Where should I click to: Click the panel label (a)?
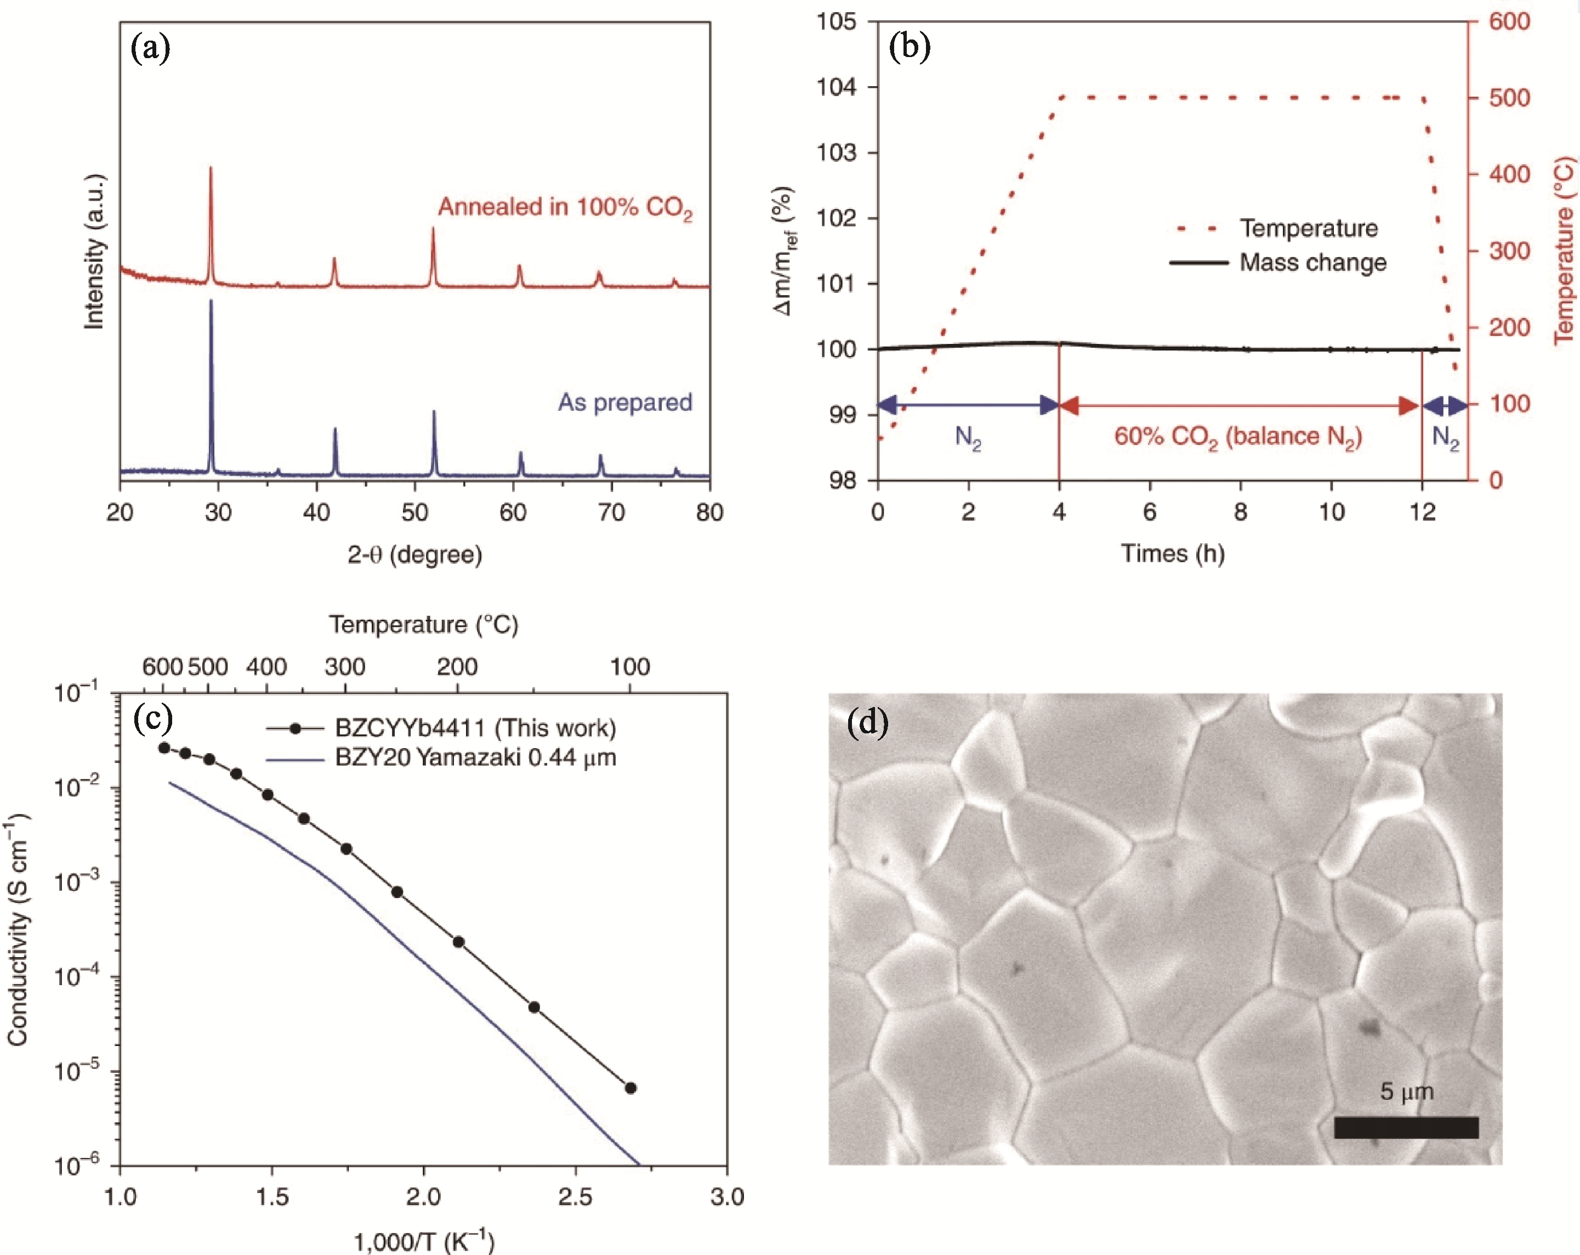[x=150, y=49]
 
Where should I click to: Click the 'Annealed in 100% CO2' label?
[x=564, y=207]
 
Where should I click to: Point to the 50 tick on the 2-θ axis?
[x=415, y=512]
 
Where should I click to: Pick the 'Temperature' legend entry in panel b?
[x=1308, y=228]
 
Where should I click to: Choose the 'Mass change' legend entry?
[x=1312, y=262]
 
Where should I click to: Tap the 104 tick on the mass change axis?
[x=837, y=87]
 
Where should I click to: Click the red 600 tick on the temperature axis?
[x=1510, y=21]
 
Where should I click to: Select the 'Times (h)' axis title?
[x=1173, y=553]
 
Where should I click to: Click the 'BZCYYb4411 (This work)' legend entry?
[x=475, y=728]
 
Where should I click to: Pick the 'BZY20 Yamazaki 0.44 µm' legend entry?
[x=475, y=757]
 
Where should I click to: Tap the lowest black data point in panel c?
[x=630, y=1088]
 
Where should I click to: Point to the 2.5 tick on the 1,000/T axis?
[x=575, y=1196]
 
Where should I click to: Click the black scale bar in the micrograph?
[x=1406, y=1127]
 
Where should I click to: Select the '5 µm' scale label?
[x=1406, y=1092]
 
